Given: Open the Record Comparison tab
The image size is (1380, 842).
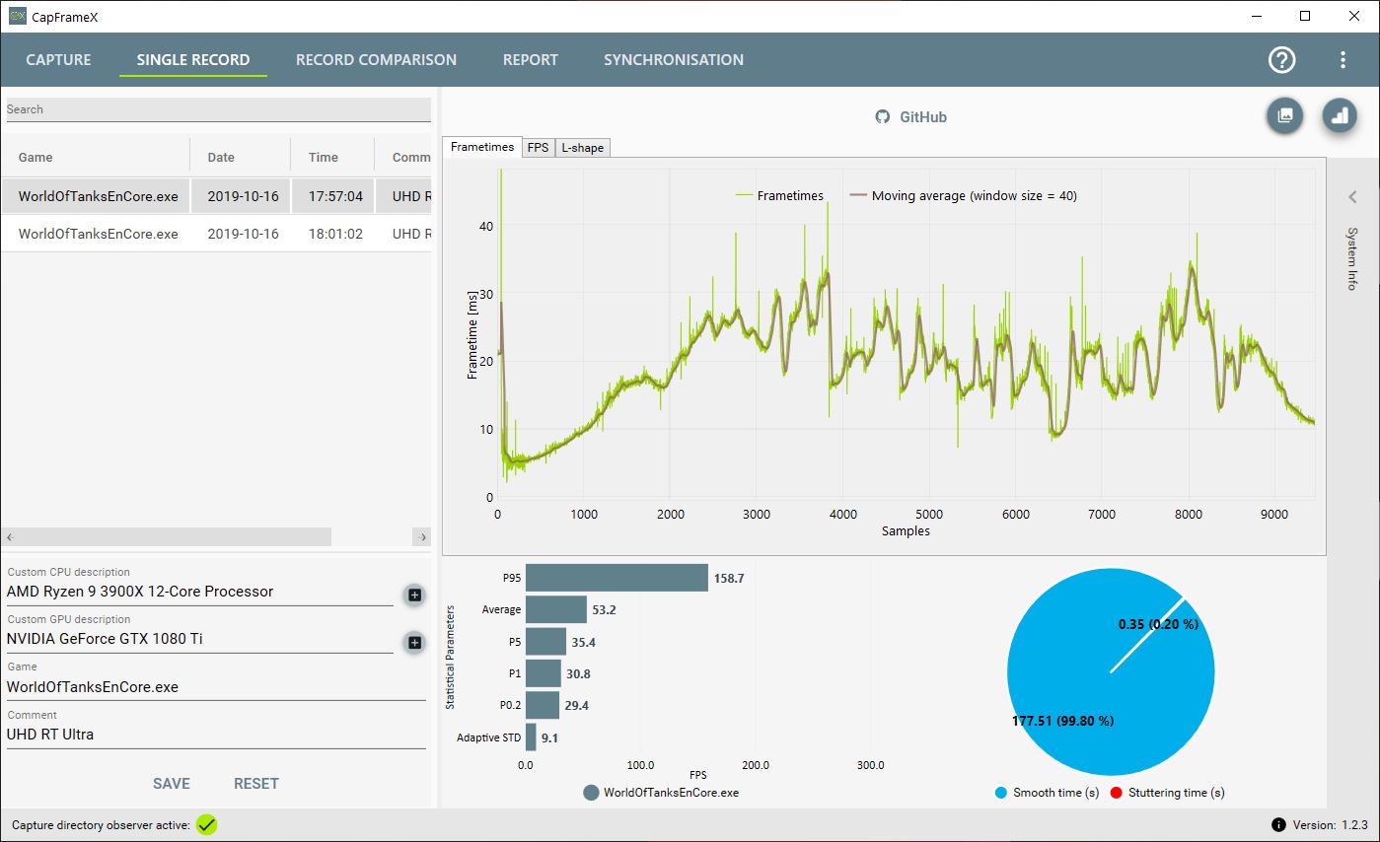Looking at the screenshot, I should pyautogui.click(x=376, y=60).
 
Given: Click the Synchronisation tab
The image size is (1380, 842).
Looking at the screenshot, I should pyautogui.click(x=674, y=60).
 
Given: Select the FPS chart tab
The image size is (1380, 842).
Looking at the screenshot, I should pyautogui.click(x=538, y=148).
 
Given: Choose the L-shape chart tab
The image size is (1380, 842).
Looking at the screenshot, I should pyautogui.click(x=582, y=148).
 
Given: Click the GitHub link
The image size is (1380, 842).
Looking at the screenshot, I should pyautogui.click(x=911, y=117).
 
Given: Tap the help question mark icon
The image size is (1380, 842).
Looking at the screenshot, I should pyautogui.click(x=1281, y=60).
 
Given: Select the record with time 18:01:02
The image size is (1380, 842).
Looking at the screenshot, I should pyautogui.click(x=335, y=235).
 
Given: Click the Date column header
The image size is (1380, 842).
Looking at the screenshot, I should pyautogui.click(x=221, y=158).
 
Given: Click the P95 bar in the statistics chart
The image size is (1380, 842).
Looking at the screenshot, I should pyautogui.click(x=617, y=578).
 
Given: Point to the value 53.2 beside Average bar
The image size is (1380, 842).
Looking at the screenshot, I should pyautogui.click(x=604, y=610).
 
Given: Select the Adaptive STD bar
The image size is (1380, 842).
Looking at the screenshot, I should pyautogui.click(x=531, y=737).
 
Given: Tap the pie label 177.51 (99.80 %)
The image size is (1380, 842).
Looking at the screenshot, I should pyautogui.click(x=1062, y=721).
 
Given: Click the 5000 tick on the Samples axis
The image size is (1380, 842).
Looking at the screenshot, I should pyautogui.click(x=929, y=515).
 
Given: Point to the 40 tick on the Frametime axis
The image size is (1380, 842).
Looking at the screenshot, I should pyautogui.click(x=485, y=226).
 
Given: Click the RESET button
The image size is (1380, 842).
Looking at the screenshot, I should pyautogui.click(x=255, y=784).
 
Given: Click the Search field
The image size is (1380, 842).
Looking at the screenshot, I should pyautogui.click(x=217, y=109).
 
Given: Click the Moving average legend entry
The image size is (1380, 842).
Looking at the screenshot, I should pyautogui.click(x=965, y=196).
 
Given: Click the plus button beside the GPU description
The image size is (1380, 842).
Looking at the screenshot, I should pyautogui.click(x=415, y=643).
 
